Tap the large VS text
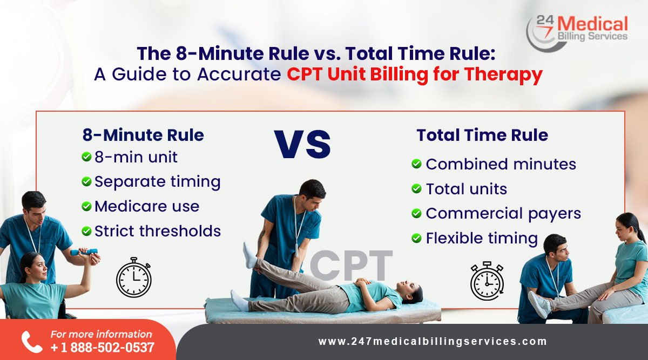(302, 143)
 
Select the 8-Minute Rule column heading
(143, 135)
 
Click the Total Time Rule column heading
(482, 135)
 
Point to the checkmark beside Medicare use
(86, 206)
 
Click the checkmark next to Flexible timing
(416, 238)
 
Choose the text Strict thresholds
(158, 231)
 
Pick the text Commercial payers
(503, 213)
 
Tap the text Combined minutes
(501, 164)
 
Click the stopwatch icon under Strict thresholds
(133, 278)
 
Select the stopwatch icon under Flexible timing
(487, 281)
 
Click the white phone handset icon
(31, 342)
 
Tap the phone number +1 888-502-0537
(102, 348)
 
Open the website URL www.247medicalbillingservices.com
(433, 342)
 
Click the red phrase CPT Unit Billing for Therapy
(414, 74)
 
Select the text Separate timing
(157, 182)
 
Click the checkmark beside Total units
(416, 188)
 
